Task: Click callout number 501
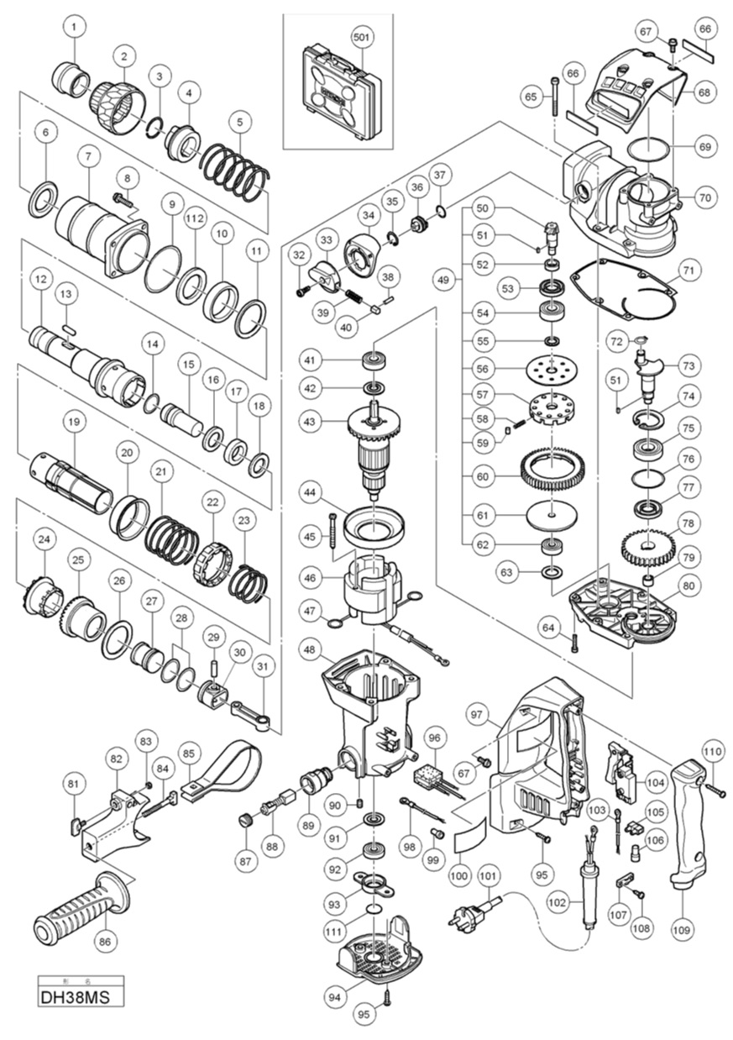click(x=362, y=37)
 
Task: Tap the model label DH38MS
click(x=81, y=998)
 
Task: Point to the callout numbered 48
click(x=310, y=651)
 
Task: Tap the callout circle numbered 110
click(x=712, y=750)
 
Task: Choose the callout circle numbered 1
click(x=76, y=28)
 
